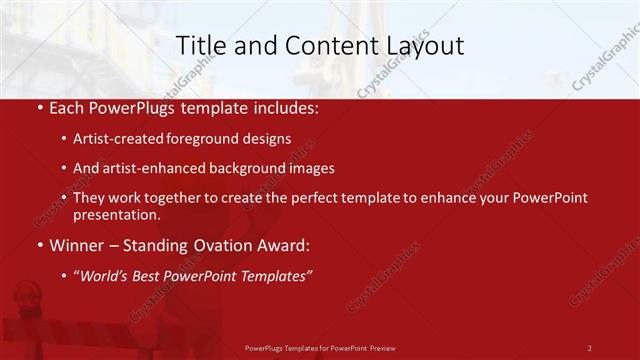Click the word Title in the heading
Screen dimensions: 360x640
(x=199, y=45)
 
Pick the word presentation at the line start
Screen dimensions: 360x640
(x=116, y=215)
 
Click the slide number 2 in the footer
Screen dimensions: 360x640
(x=589, y=347)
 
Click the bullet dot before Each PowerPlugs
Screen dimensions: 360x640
(x=37, y=106)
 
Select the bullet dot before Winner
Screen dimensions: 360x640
(x=37, y=246)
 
